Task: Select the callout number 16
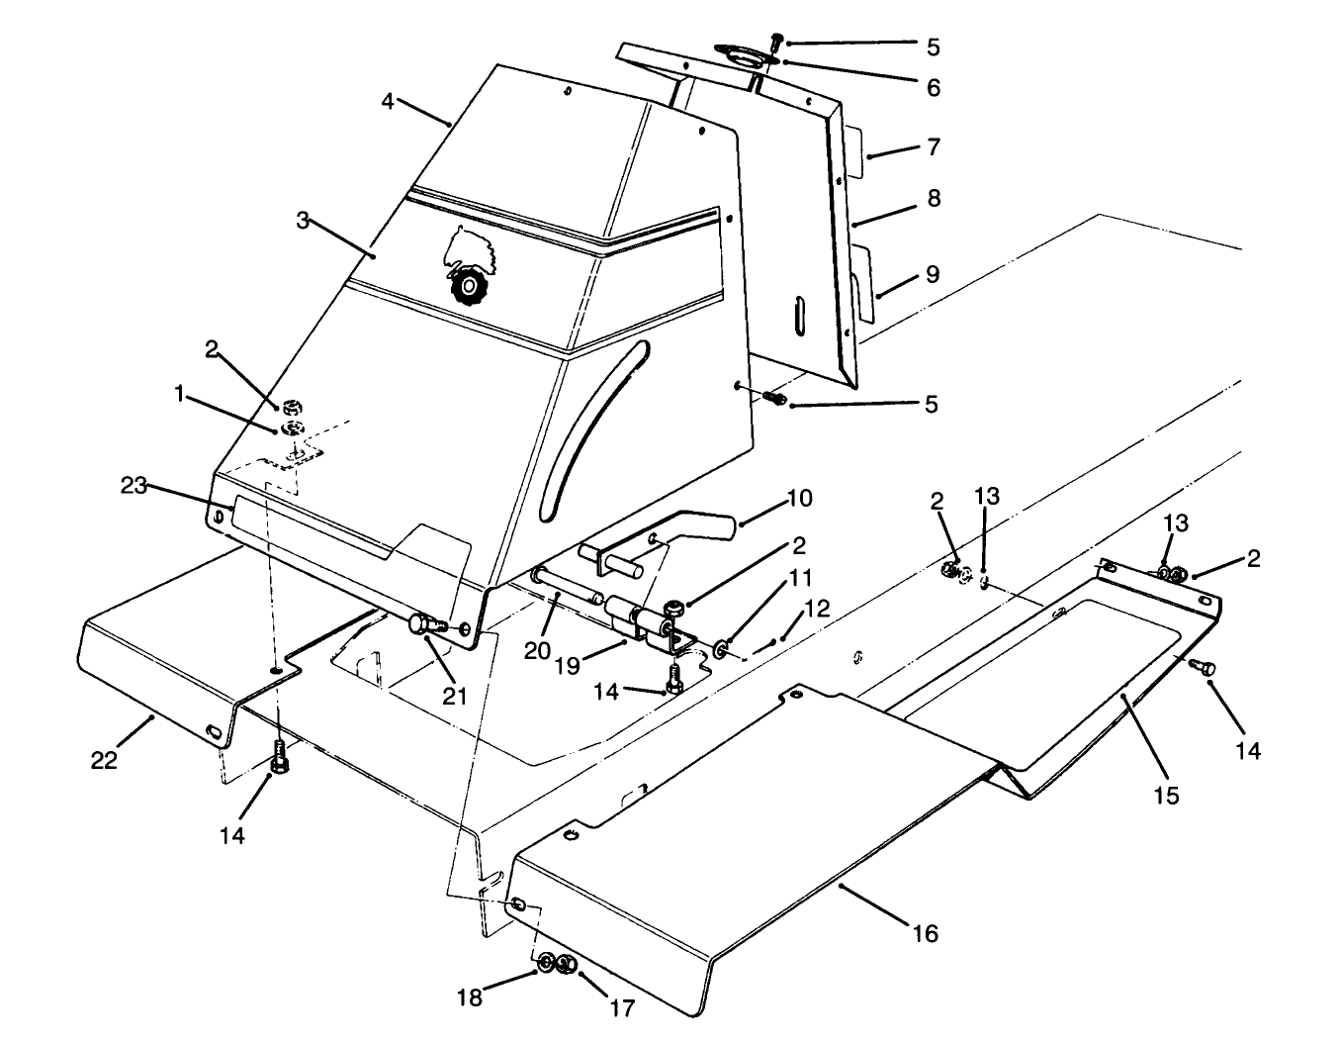pos(925,932)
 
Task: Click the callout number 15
pos(1167,795)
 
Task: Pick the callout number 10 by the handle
pos(800,498)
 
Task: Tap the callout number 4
pos(389,101)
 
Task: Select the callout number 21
pos(454,696)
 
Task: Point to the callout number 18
pos(470,997)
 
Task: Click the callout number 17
pos(623,1007)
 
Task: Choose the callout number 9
pos(932,274)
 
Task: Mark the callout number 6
pos(932,88)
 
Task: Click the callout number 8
pos(932,199)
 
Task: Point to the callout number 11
pos(799,578)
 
